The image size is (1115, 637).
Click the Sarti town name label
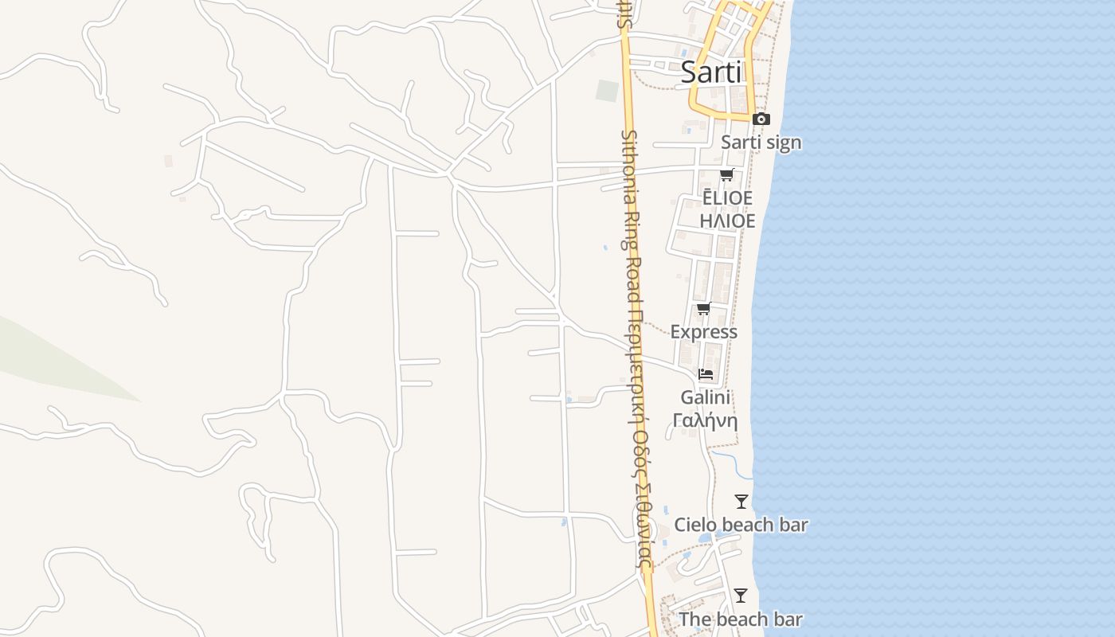(x=710, y=72)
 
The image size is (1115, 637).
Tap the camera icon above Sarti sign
(x=761, y=119)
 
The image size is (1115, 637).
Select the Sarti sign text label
(x=761, y=143)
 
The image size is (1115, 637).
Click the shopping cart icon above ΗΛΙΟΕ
(x=726, y=175)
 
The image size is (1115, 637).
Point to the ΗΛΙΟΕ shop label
(x=727, y=221)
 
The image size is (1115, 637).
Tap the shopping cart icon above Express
(x=703, y=309)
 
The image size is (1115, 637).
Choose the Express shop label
(x=704, y=331)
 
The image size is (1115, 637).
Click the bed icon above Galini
(x=706, y=373)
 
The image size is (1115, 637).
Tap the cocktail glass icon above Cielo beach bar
(x=741, y=502)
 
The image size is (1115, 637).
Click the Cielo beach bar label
(x=741, y=525)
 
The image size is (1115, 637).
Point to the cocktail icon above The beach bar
(x=741, y=596)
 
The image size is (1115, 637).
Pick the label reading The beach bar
(x=741, y=619)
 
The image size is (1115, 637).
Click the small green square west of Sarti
(x=607, y=91)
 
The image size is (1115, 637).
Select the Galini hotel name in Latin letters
(x=706, y=397)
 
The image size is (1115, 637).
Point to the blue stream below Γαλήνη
(x=731, y=462)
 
